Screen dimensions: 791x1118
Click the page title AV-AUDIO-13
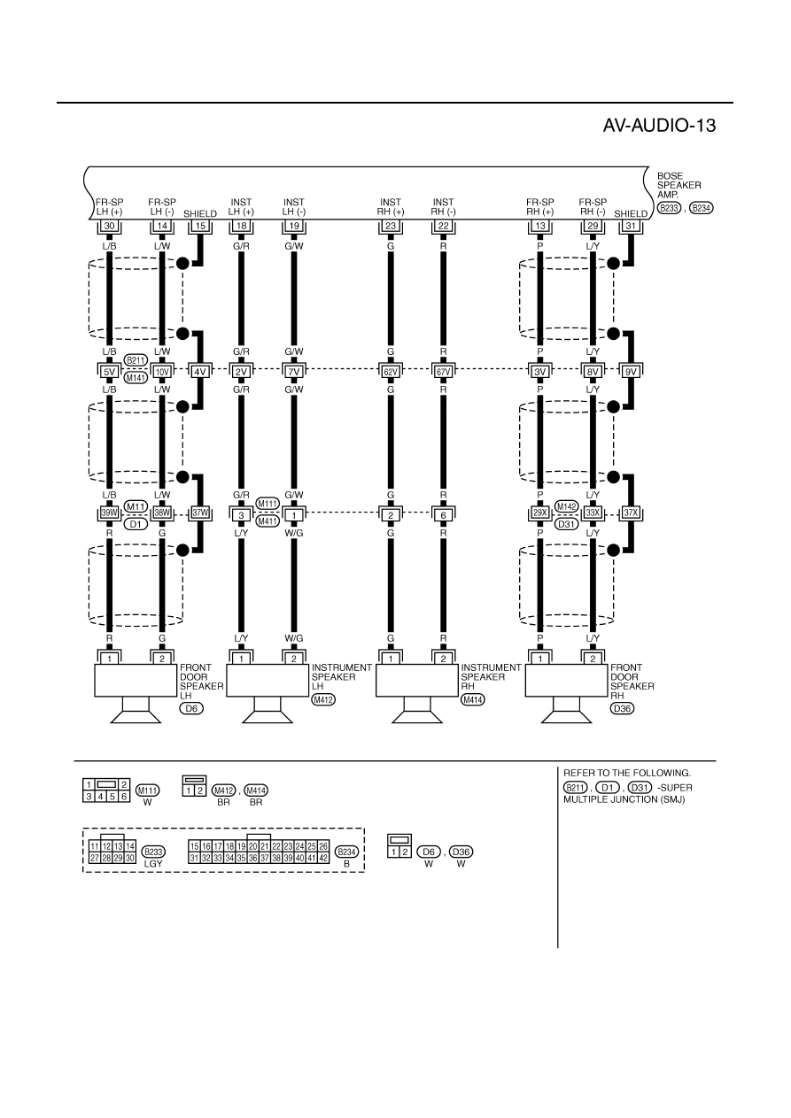(659, 126)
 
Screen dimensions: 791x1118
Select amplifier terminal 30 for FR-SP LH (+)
(109, 226)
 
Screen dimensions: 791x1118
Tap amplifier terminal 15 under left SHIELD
(200, 226)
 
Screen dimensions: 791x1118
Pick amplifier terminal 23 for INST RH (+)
(391, 226)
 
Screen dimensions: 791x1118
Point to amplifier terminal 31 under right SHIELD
(631, 226)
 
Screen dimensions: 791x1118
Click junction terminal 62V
(391, 372)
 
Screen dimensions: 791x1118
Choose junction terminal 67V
(444, 372)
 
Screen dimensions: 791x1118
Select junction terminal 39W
(109, 513)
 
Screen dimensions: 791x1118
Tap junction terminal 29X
(540, 513)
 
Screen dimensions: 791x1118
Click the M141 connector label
(136, 378)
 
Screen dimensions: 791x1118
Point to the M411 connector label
(268, 521)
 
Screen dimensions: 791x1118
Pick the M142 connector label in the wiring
(567, 506)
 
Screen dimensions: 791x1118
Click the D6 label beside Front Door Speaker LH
(191, 708)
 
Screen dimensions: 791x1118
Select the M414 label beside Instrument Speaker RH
(473, 700)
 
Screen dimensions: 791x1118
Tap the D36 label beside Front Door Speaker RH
(622, 708)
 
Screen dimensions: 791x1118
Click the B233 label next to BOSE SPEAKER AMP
(669, 208)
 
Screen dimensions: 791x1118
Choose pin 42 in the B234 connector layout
(323, 859)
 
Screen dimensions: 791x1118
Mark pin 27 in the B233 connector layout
(95, 859)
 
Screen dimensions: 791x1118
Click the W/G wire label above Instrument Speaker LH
(293, 638)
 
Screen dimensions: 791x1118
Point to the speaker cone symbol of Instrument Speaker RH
(417, 717)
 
